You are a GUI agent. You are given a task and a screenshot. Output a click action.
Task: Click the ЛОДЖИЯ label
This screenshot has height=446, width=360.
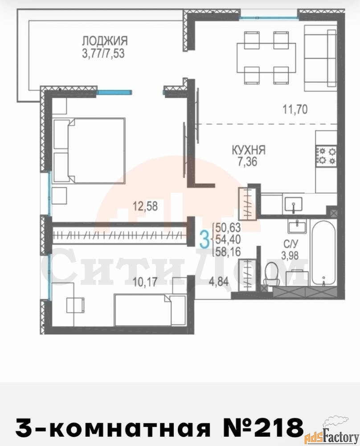[x=105, y=41]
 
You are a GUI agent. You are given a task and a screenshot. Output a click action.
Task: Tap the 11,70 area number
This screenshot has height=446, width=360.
[x=295, y=109]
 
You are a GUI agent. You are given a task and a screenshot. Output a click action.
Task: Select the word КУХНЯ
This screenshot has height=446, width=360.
[x=249, y=150]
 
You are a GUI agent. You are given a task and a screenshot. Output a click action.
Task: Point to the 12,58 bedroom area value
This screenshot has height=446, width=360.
[x=145, y=206]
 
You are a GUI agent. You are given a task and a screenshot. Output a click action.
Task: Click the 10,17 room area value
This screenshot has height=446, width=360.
[x=145, y=281]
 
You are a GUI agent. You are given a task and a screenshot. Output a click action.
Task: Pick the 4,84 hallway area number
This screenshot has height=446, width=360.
[x=218, y=281]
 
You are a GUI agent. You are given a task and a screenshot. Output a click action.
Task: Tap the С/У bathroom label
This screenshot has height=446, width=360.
[x=290, y=244]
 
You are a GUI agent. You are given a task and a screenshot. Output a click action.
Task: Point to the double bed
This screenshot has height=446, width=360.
[x=89, y=151]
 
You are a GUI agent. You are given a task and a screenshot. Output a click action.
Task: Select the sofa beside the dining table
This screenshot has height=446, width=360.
[x=320, y=58]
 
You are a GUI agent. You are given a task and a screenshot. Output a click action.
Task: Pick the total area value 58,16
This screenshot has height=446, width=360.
[x=228, y=252]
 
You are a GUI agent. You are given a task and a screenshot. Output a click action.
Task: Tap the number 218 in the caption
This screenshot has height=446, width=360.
[x=279, y=427]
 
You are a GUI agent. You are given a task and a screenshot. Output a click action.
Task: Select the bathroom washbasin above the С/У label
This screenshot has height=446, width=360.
[x=297, y=227]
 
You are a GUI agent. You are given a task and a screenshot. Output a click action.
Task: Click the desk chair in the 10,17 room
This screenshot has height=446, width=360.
[x=75, y=305]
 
